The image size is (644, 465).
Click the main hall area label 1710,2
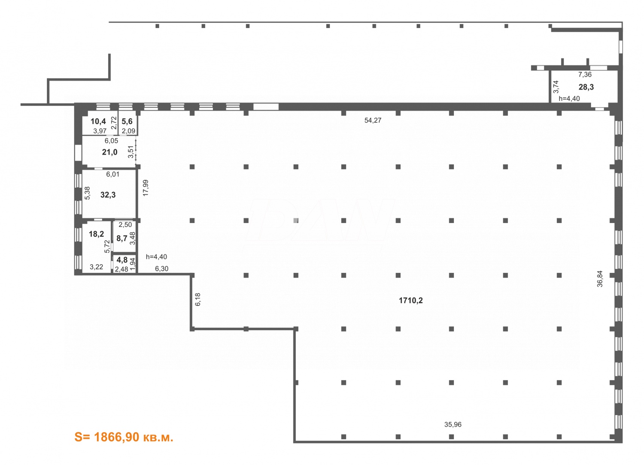click(x=410, y=300)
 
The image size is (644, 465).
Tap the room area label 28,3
click(x=586, y=87)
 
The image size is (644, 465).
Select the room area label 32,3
click(x=108, y=195)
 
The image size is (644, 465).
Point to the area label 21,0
click(x=109, y=152)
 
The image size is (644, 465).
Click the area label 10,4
click(x=98, y=121)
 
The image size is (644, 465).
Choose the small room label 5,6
click(x=127, y=121)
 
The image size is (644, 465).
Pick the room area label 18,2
click(x=96, y=234)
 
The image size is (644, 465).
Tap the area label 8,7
click(x=122, y=238)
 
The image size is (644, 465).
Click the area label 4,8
click(x=122, y=260)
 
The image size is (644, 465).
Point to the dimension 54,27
click(x=373, y=121)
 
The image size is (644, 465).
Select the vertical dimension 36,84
click(x=600, y=278)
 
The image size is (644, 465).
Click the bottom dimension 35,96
click(x=453, y=425)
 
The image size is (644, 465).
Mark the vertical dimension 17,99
click(x=146, y=188)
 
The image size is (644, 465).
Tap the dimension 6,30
click(x=161, y=269)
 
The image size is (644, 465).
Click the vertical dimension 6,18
click(x=198, y=299)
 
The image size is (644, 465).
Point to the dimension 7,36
click(x=585, y=75)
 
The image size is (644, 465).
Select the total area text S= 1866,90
click(x=124, y=437)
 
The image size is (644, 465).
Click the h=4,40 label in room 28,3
click(x=569, y=99)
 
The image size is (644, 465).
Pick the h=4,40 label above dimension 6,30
click(x=156, y=257)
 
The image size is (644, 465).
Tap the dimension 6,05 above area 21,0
click(x=111, y=141)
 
